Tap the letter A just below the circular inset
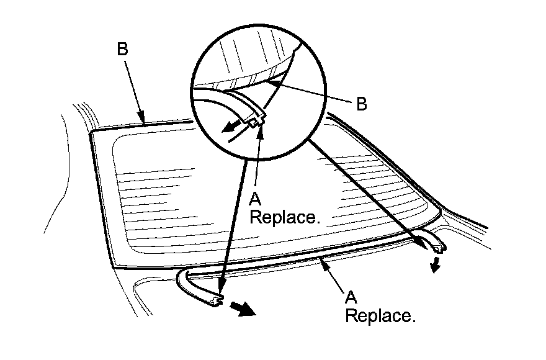click(254, 200)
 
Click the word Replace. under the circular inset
click(284, 218)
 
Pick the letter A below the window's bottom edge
click(350, 297)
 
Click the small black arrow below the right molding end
click(438, 266)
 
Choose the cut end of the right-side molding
click(441, 247)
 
